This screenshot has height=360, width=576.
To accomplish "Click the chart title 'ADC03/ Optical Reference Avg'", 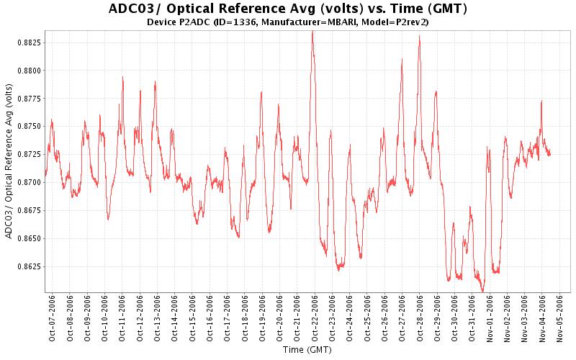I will pos(288,9).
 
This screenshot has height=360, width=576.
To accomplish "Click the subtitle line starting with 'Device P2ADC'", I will pos(288,22).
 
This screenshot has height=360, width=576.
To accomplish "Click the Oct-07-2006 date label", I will pos(53,316).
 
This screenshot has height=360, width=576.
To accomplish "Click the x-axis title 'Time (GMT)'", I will pos(306,350).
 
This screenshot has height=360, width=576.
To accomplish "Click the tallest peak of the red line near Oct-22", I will pos(312,32).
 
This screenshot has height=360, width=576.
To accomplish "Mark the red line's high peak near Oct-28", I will pos(419,36).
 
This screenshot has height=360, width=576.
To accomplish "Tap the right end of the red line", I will pos(550,153).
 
